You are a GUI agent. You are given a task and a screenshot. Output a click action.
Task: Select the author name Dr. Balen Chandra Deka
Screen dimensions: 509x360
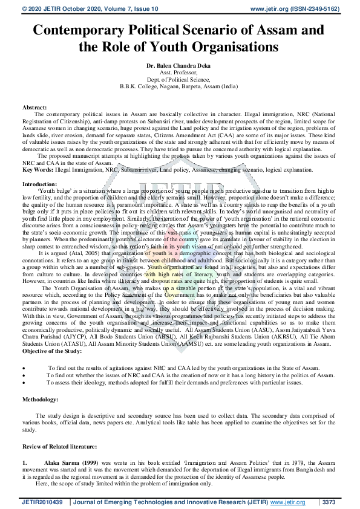[x=180, y=63]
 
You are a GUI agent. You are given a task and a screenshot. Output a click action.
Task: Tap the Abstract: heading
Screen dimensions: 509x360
[x=34, y=107]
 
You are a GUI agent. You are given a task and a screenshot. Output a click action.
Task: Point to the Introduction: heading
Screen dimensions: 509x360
[x=40, y=183]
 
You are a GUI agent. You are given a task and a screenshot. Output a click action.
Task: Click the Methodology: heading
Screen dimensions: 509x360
[x=41, y=400]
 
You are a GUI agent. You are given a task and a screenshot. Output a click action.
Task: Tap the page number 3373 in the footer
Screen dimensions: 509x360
[x=329, y=502]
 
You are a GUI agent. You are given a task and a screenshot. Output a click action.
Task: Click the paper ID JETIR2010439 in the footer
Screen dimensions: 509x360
[x=42, y=502]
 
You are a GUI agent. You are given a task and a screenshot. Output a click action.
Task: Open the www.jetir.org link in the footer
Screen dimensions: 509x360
[x=287, y=502]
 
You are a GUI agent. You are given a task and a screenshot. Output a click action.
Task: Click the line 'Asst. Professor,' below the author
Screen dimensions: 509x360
[x=180, y=70]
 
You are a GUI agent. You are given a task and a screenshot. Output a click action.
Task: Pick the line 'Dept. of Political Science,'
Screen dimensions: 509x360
[x=180, y=77]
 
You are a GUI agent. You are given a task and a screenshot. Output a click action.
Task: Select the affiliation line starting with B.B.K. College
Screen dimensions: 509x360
[x=180, y=85]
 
